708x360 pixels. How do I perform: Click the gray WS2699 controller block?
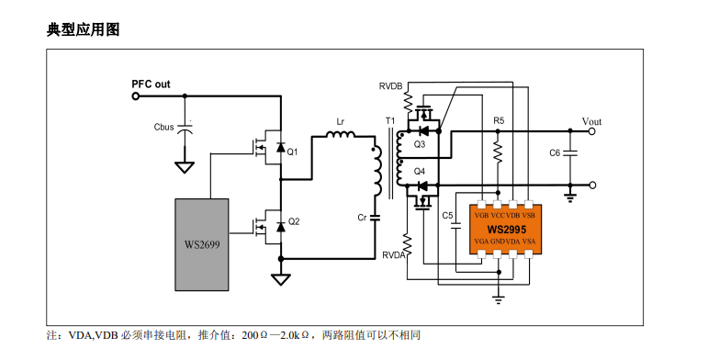(202, 244)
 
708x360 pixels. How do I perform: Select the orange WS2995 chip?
(506, 229)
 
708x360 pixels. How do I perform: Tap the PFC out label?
(151, 84)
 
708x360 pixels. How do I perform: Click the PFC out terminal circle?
(136, 96)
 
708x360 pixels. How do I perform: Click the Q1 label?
(293, 152)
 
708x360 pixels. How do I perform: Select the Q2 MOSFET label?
(294, 221)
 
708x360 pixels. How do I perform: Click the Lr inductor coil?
(341, 134)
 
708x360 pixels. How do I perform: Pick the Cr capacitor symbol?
(375, 218)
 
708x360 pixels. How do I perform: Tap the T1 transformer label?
(390, 121)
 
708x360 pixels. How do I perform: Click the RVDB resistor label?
(390, 85)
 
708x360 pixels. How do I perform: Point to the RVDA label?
(394, 255)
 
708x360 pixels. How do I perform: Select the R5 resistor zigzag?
(498, 152)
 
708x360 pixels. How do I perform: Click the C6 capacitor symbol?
(570, 153)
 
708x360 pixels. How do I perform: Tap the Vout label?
(591, 121)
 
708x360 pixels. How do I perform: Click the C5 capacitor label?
(447, 216)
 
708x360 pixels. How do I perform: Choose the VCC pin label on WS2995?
(497, 216)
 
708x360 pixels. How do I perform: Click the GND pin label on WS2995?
(498, 242)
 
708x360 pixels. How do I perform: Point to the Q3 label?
(420, 144)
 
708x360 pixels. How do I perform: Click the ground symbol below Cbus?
(185, 166)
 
